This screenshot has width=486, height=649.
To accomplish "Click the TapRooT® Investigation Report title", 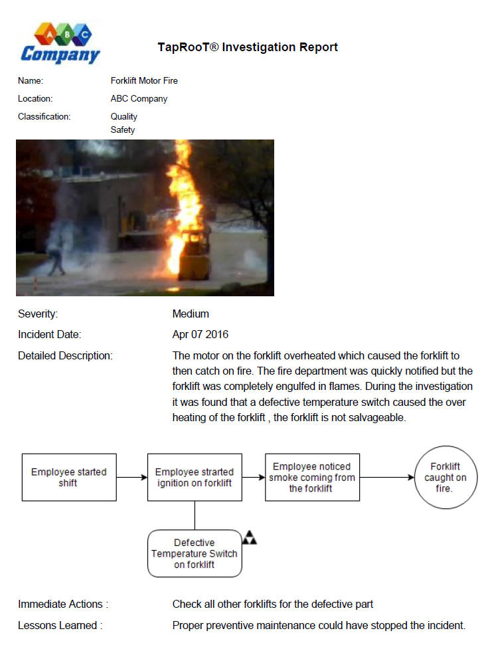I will coord(248,47).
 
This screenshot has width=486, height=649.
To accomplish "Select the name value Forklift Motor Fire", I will coord(144,81).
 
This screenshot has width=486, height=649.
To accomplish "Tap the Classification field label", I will coord(44,117).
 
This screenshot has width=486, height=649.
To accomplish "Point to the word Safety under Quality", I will coord(123,130).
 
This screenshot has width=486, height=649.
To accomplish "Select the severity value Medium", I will coord(191,314).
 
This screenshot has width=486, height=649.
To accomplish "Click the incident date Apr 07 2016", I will coord(200,335).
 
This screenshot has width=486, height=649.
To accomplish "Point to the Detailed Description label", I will coord(65,356).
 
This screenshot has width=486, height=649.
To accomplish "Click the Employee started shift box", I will coord(69,477).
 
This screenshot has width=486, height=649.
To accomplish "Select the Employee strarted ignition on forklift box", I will coord(195,477).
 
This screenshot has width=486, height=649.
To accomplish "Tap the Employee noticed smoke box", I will coord(312,477).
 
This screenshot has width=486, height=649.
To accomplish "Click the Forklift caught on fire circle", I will coord(445,477).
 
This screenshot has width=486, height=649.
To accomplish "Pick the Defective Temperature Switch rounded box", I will coord(195,553).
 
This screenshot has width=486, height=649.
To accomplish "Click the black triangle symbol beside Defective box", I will coord(249,537).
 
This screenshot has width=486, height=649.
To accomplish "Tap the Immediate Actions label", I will coord(62,604).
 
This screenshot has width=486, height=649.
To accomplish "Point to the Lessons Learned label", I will coord(60,625).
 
